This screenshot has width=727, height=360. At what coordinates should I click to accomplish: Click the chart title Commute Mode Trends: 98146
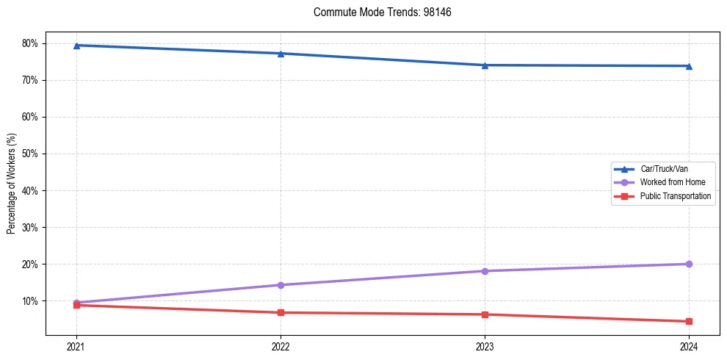377,12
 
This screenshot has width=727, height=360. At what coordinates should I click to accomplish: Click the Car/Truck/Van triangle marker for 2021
76,46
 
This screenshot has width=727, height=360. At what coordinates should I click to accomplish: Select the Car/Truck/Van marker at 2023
485,65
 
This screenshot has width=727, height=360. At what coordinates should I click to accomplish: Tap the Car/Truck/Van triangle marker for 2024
689,66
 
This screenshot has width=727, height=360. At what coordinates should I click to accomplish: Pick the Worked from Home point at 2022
281,285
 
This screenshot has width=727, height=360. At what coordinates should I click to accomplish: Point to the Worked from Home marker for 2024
689,264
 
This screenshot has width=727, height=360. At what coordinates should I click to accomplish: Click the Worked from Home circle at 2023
485,271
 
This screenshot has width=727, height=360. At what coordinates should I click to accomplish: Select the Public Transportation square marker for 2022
281,312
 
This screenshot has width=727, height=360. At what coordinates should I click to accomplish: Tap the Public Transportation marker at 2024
689,321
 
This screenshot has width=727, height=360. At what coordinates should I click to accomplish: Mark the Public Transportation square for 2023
485,314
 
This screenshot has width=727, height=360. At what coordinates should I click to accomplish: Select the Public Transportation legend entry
675,196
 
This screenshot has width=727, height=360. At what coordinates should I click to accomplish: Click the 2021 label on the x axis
76,346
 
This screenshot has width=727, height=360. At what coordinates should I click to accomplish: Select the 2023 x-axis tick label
485,346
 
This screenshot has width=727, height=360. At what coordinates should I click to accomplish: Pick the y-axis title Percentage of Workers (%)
11,184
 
